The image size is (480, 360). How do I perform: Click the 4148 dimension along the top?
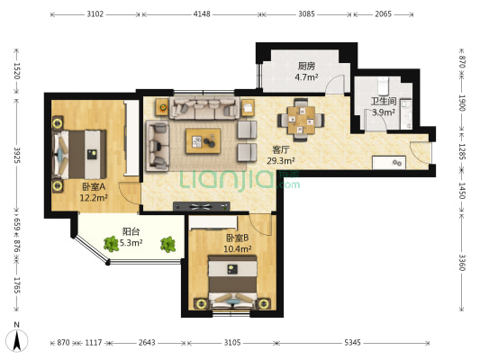pos(202,14)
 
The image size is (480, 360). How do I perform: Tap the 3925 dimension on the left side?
pos(16,155)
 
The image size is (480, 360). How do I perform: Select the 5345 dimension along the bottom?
pos(352,343)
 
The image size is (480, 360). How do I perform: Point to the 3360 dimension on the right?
pos(462,263)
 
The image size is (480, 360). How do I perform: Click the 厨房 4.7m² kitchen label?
pos(306,71)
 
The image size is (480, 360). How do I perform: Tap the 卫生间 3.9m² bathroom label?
pos(384,107)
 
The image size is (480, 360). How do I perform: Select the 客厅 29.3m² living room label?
pos(281,155)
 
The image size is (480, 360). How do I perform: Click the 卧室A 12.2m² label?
pos(94,192)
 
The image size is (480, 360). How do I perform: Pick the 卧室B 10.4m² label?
pos(237,244)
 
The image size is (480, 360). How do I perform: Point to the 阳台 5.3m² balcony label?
pos(131,237)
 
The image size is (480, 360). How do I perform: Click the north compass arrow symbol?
pos(17,340)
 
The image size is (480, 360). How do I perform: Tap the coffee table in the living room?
pos(203,141)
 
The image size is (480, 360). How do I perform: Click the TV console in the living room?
pos(202,206)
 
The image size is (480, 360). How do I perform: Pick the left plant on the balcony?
pos(111,244)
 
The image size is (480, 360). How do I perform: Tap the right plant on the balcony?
pos(168,244)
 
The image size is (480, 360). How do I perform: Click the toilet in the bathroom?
pos(383,85)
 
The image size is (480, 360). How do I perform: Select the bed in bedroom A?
pos(79,155)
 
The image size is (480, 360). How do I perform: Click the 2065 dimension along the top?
pos(383,14)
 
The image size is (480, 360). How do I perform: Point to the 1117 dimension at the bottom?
pos(93,343)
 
